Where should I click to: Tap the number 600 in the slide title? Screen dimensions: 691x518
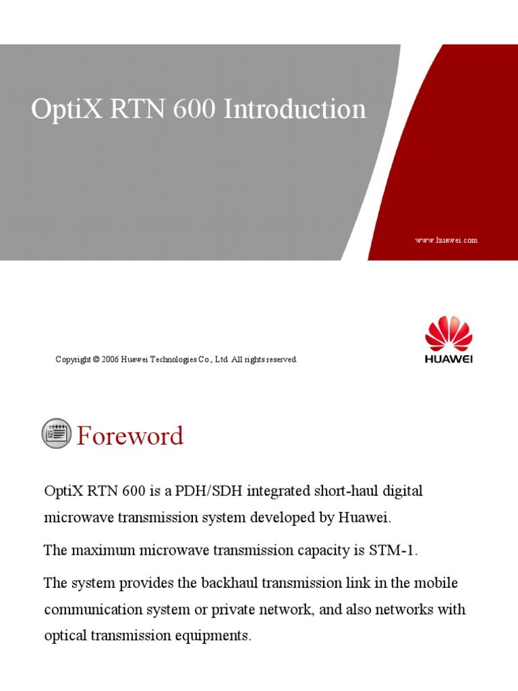coord(194,109)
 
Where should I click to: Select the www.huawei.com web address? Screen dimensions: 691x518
coord(447,240)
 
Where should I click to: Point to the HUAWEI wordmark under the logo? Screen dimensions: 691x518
coord(449,359)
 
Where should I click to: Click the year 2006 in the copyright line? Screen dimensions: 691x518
coord(111,360)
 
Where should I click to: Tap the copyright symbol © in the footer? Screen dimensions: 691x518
coord(96,360)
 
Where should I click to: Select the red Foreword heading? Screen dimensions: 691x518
coord(129,436)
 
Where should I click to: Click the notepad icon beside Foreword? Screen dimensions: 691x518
coord(56,433)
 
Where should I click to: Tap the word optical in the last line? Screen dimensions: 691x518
coord(65,636)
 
